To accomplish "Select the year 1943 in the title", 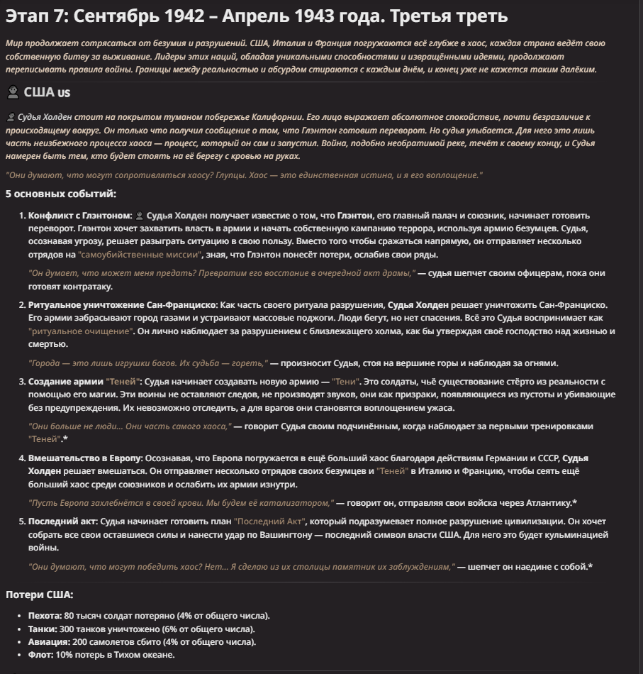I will tap(329, 16).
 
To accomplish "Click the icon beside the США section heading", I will tap(12, 92).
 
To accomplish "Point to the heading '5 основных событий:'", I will tap(61, 194).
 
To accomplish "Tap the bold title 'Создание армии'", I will tap(65, 382).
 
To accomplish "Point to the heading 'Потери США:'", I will tap(39, 595).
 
